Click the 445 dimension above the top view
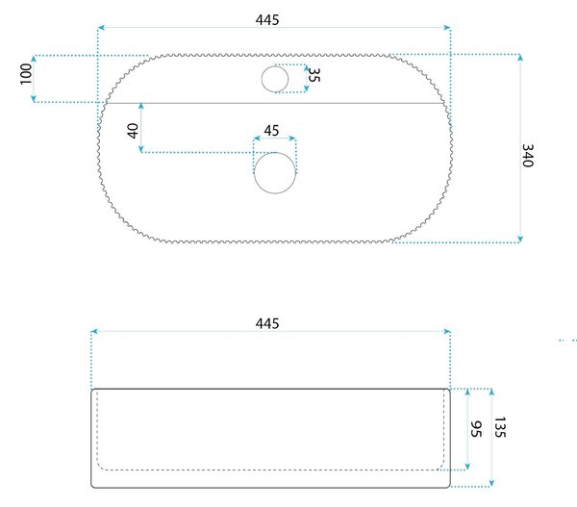267,20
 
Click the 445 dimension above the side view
267,323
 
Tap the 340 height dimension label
528,156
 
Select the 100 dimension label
26,74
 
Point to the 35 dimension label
314,75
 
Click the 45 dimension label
271,130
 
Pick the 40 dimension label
133,131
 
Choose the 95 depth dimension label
476,429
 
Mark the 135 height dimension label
500,427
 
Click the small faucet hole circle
275,66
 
